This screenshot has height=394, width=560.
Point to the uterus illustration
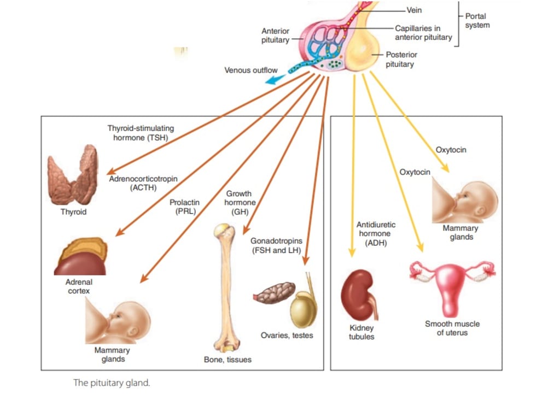(x=452, y=285)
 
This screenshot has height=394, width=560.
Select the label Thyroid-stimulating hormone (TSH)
(x=141, y=133)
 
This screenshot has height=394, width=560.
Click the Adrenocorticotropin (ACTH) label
(x=143, y=183)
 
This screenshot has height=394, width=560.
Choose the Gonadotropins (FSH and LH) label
(x=276, y=245)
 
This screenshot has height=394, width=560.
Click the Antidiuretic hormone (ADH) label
(x=376, y=234)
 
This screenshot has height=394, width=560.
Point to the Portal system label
(x=477, y=21)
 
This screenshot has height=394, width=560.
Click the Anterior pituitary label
(x=275, y=36)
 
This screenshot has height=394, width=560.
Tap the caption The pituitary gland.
(x=111, y=383)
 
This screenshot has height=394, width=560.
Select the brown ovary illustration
(x=275, y=293)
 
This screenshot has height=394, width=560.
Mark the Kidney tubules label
(x=361, y=332)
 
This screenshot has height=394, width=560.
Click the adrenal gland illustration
(x=80, y=257)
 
